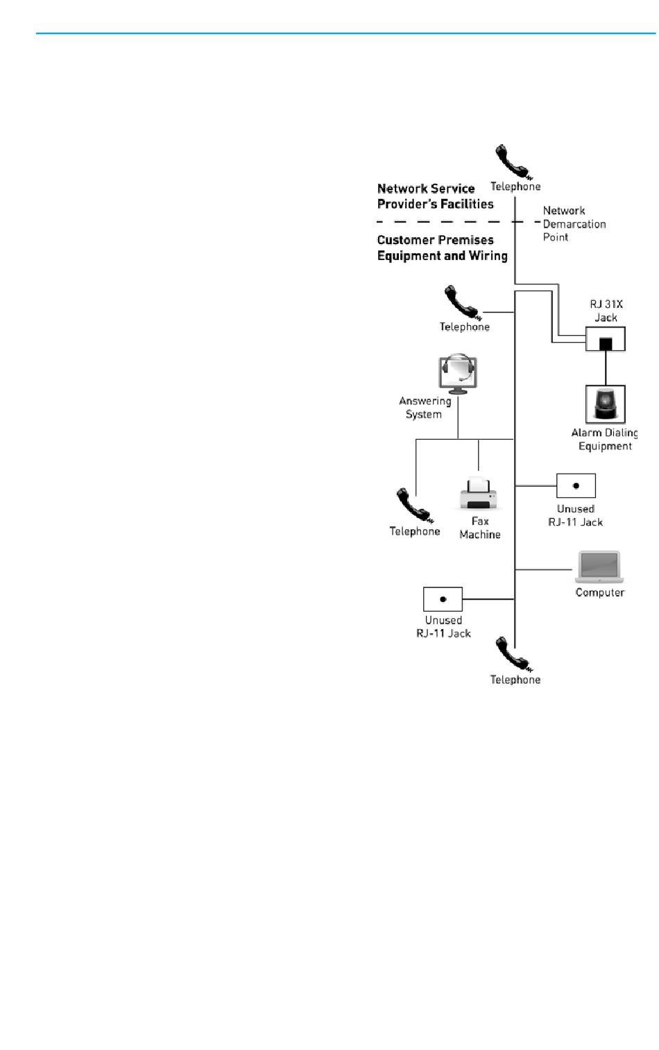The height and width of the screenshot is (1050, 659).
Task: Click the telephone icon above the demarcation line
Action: [x=512, y=162]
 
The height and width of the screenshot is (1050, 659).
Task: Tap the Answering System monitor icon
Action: [x=458, y=374]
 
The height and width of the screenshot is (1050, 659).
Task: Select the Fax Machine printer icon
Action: [x=479, y=493]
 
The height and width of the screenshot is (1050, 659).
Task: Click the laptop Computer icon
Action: [x=599, y=567]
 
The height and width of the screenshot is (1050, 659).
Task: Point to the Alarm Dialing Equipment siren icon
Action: [x=605, y=404]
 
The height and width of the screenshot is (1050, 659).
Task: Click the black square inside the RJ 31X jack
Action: [x=606, y=343]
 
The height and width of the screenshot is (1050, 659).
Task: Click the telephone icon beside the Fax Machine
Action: [x=414, y=506]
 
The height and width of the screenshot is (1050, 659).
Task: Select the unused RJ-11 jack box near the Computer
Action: [x=576, y=485]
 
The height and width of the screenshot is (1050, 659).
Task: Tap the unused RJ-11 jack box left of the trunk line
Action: [x=443, y=599]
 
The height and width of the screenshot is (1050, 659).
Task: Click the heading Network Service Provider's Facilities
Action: [x=435, y=196]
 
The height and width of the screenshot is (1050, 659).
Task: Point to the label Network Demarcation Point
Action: [x=574, y=223]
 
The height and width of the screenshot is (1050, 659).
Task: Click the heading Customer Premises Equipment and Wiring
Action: [x=442, y=248]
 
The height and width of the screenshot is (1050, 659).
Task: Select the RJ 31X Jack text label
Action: [x=606, y=311]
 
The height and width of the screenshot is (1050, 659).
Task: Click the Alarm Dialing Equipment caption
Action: [x=604, y=439]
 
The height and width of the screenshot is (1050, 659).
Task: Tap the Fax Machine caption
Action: [x=480, y=528]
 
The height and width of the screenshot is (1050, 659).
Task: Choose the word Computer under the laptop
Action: [x=599, y=592]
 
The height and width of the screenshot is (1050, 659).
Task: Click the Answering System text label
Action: [x=425, y=407]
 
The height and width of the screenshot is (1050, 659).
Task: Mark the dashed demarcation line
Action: [x=444, y=222]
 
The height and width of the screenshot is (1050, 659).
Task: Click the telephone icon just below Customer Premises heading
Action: [x=461, y=302]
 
